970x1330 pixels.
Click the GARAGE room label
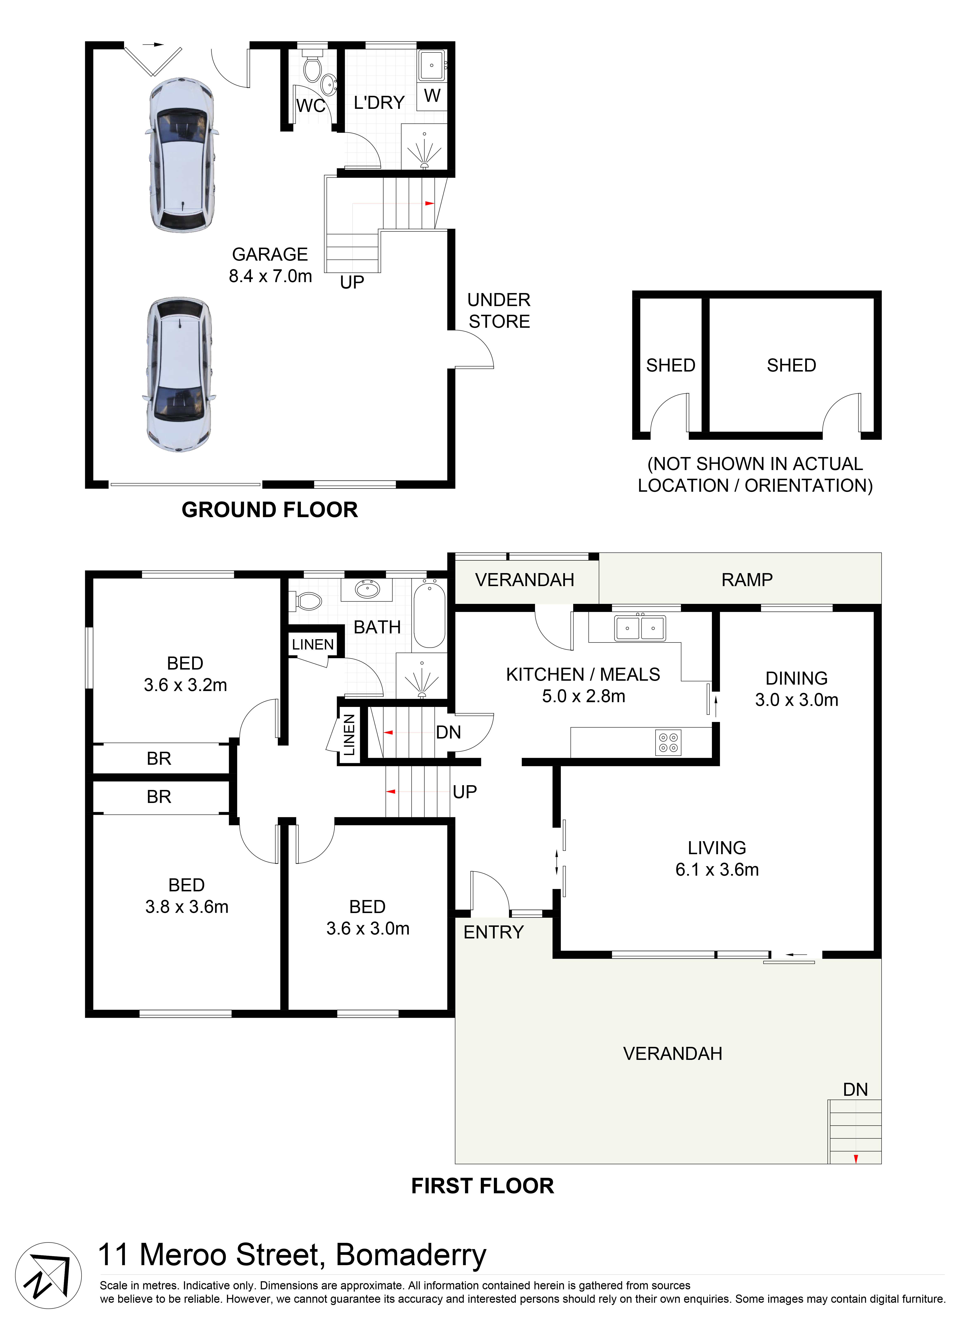[270, 254]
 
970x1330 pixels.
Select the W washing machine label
[432, 96]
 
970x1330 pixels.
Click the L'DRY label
[379, 103]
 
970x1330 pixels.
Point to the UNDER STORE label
[499, 311]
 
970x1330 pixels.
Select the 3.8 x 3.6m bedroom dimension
[187, 907]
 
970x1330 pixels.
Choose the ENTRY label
[493, 932]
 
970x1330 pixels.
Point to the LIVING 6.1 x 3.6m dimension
[717, 870]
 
